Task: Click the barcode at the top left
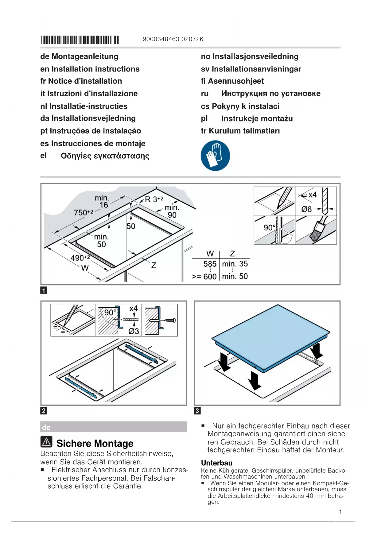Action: pyautogui.click(x=80, y=40)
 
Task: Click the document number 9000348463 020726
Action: pyautogui.click(x=173, y=39)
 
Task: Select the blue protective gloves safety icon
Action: pyautogui.click(x=215, y=156)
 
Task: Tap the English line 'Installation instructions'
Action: pyautogui.click(x=90, y=69)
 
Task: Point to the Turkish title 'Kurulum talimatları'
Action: pyautogui.click(x=240, y=131)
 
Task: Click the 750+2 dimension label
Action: pyautogui.click(x=84, y=212)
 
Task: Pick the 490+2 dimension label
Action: pyautogui.click(x=80, y=258)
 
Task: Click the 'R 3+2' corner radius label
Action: pyautogui.click(x=154, y=199)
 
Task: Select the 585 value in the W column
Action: pyautogui.click(x=210, y=264)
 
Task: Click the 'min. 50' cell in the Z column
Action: pyautogui.click(x=235, y=276)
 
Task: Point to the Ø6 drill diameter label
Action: pyautogui.click(x=306, y=209)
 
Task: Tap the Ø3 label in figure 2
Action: pyautogui.click(x=134, y=331)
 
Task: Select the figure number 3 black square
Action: pyautogui.click(x=197, y=411)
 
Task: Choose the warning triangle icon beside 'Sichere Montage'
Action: pyautogui.click(x=46, y=442)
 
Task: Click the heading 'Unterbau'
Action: pyautogui.click(x=217, y=463)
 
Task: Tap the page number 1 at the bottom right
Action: pyautogui.click(x=340, y=512)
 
